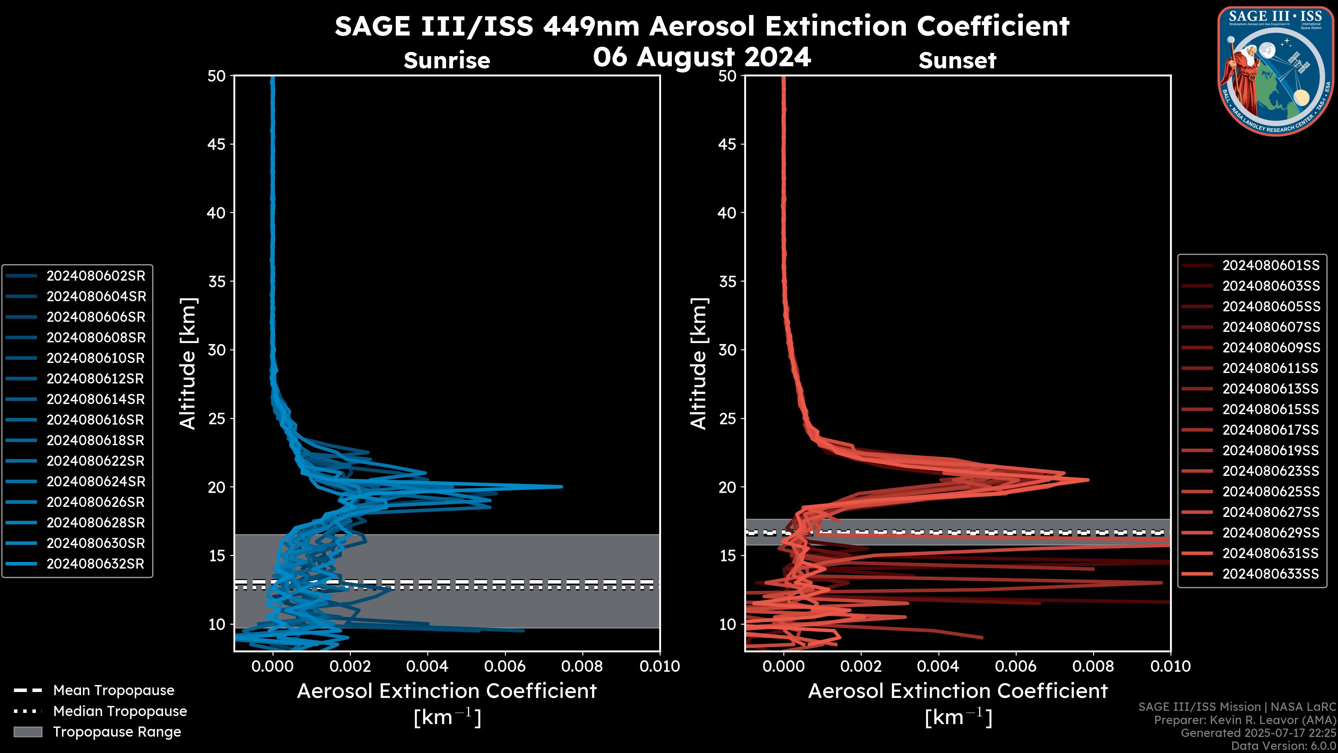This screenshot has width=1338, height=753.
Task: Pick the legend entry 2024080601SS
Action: tap(1270, 266)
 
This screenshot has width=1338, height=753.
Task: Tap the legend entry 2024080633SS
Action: tap(1270, 574)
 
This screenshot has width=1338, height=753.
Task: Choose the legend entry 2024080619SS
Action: tap(1270, 450)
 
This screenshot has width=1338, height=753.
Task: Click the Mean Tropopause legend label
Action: tap(114, 690)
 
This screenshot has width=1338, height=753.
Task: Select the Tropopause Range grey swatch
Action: tap(28, 732)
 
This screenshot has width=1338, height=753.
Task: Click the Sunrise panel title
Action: tap(447, 61)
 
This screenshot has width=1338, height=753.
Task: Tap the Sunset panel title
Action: tap(957, 61)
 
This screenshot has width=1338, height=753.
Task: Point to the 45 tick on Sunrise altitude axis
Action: tap(217, 144)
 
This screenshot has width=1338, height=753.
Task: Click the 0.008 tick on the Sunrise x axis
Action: tap(582, 666)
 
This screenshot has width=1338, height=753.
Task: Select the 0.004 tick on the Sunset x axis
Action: tap(938, 666)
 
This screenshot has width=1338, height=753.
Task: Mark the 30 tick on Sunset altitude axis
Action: tap(728, 350)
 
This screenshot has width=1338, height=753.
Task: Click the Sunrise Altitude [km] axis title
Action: tap(187, 363)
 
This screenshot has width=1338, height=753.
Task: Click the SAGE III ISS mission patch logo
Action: tap(1274, 70)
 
